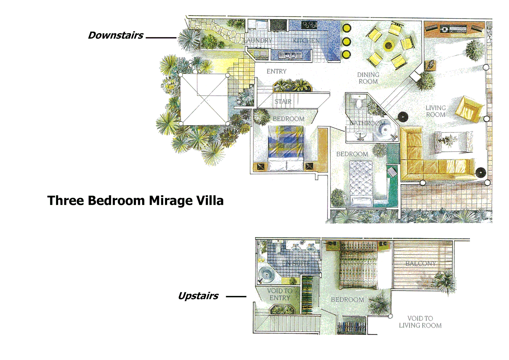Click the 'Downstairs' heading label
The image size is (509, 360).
pyautogui.click(x=115, y=35)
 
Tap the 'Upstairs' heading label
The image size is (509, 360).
pyautogui.click(x=198, y=296)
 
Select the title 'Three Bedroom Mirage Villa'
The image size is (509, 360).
pyautogui.click(x=135, y=200)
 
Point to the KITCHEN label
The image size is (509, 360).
pyautogui.click(x=306, y=41)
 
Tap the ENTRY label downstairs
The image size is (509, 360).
pyautogui.click(x=276, y=71)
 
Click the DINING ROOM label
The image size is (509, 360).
pyautogui.click(x=368, y=78)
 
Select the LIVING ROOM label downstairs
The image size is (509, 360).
pyautogui.click(x=435, y=111)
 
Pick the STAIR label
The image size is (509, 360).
pyautogui.click(x=283, y=101)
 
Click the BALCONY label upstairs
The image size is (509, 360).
pyautogui.click(x=420, y=263)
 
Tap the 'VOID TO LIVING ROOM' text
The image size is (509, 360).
pyautogui.click(x=420, y=322)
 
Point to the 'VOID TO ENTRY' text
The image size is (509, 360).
pyautogui.click(x=279, y=294)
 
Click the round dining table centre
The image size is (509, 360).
pyautogui.click(x=388, y=45)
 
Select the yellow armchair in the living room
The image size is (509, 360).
pyautogui.click(x=469, y=108)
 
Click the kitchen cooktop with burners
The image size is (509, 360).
pyautogui.click(x=309, y=25)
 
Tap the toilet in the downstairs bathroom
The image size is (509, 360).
pyautogui.click(x=359, y=103)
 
